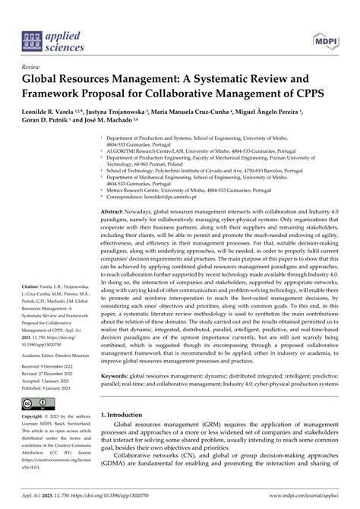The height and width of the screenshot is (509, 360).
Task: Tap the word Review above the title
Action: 32,68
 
